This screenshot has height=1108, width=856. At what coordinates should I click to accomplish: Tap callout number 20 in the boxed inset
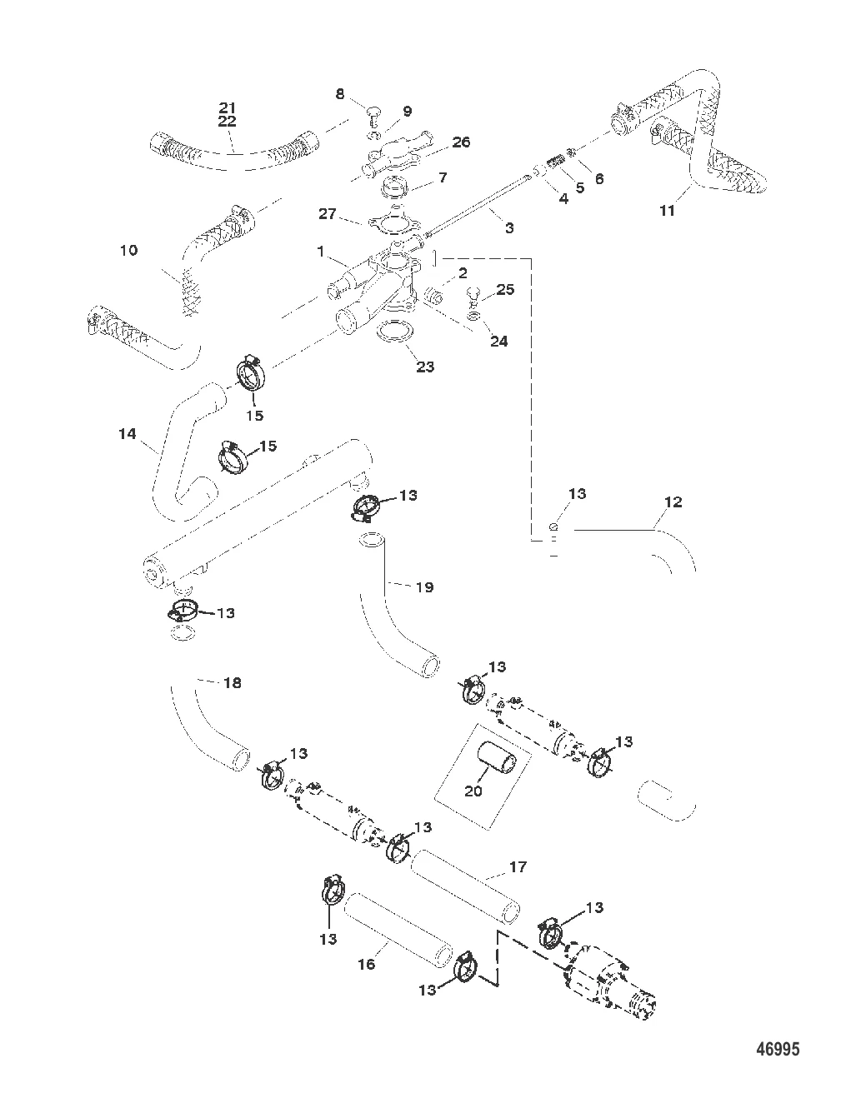[473, 791]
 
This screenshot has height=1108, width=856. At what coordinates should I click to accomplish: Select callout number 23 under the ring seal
[425, 367]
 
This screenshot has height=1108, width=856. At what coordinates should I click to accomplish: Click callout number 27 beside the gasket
[328, 214]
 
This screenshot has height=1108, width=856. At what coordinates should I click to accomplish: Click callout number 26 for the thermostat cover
[461, 142]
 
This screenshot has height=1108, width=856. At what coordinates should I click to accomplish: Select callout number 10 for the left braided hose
[128, 250]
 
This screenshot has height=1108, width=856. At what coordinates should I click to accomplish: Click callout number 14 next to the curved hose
[127, 433]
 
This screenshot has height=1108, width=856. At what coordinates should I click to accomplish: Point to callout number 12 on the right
[673, 502]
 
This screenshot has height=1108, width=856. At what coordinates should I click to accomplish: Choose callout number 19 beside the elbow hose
[424, 587]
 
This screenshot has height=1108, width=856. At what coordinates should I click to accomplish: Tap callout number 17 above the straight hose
[518, 867]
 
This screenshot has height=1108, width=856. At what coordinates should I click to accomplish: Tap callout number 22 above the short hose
[228, 122]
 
